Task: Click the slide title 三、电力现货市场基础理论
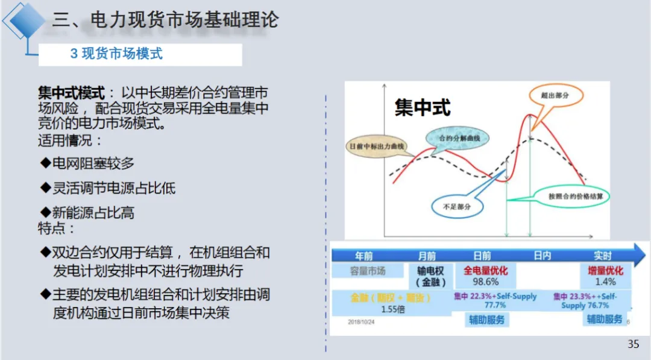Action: (x=165, y=21)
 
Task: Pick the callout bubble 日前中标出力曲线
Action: (x=378, y=146)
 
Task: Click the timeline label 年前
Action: (x=364, y=256)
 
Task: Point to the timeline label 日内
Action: (x=542, y=256)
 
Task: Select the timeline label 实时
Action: (x=602, y=256)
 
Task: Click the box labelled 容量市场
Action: (x=368, y=271)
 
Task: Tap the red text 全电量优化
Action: (x=485, y=271)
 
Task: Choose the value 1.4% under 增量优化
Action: (x=605, y=282)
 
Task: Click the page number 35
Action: (x=633, y=344)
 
